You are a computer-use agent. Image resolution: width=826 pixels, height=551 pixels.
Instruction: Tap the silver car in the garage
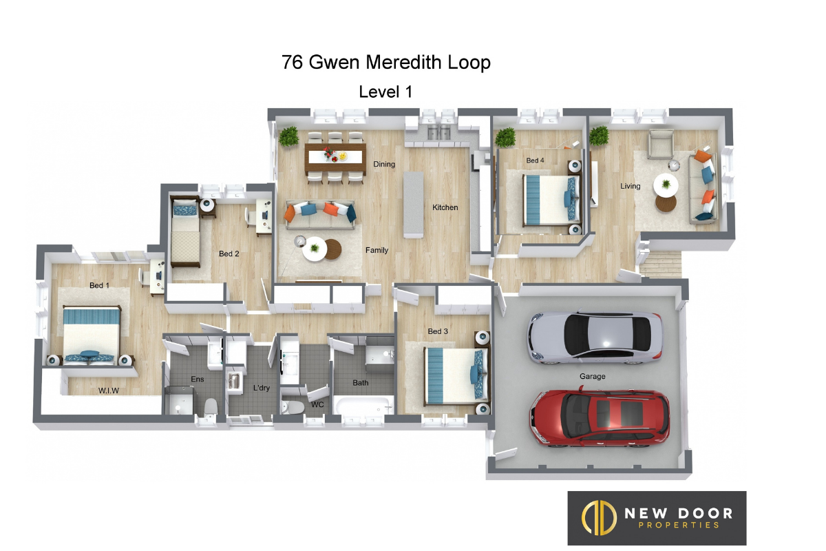pos(595,337)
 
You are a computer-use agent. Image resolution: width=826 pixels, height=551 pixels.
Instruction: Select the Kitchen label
pos(445,207)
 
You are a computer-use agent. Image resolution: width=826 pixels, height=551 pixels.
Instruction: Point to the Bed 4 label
pos(535,160)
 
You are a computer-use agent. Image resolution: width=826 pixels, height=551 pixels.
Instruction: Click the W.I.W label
pos(109,391)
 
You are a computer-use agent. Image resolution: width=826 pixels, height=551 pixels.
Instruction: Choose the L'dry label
pos(262,388)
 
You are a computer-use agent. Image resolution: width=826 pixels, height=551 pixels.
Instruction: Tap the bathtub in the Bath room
pos(363,406)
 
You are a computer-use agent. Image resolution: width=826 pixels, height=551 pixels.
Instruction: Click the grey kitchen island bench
pos(413,205)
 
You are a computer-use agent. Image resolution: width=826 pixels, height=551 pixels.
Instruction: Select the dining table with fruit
pos(335,157)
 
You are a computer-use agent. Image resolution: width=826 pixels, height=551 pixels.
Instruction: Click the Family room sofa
pos(319,214)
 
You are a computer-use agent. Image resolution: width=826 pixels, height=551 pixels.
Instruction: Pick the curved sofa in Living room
pos(704,188)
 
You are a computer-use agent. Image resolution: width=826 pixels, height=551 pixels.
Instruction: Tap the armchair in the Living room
pos(661,144)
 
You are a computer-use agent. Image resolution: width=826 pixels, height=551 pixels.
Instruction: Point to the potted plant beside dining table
pos(288,136)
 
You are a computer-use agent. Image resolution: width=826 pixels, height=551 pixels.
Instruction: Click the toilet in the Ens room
pos(211,406)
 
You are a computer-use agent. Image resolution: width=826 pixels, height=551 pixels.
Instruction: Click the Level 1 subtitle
pos(385,92)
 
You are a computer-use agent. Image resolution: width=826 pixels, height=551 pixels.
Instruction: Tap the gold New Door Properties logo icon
pos(599,517)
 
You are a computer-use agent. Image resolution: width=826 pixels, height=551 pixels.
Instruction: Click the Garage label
pos(592,377)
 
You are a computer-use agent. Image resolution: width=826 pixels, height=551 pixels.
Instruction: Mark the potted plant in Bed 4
pos(505,137)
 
